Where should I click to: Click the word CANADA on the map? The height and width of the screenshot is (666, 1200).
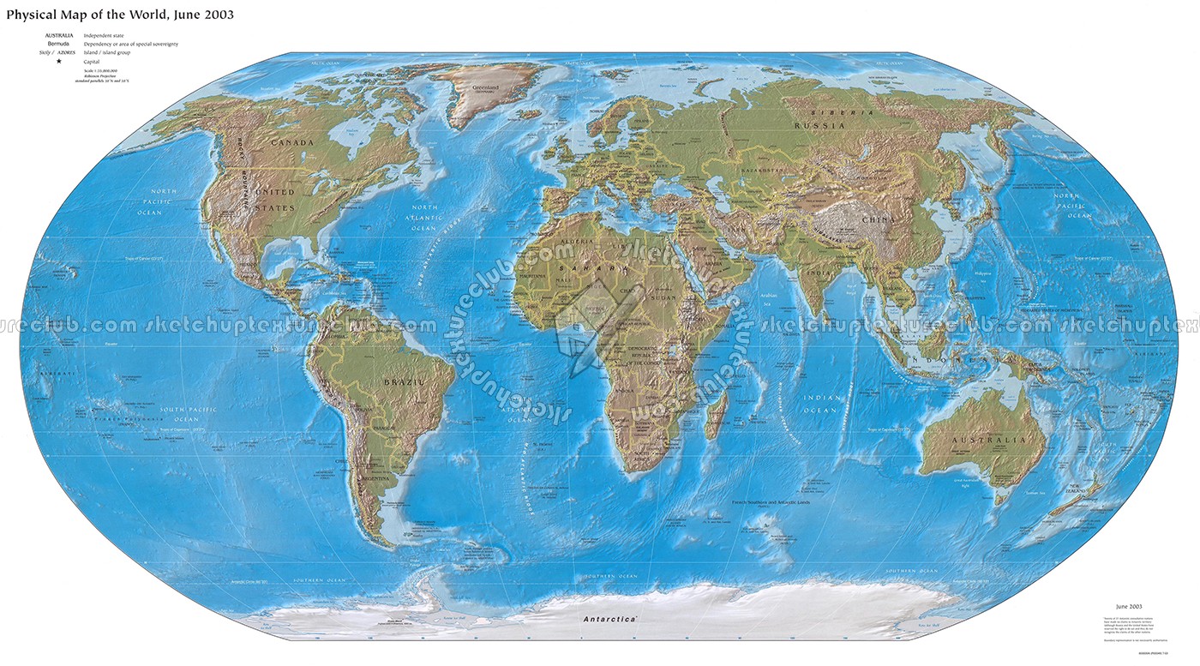pos(291,142)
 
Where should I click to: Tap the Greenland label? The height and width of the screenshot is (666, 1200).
pos(486,86)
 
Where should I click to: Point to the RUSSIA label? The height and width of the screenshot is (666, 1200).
pos(814,126)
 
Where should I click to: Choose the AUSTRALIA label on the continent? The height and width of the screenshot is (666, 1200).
pos(987,441)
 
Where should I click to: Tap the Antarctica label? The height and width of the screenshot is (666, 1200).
pos(609,619)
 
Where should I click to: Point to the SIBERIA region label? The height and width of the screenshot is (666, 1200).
pos(845,113)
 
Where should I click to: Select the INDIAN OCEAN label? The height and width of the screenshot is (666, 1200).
pos(819,404)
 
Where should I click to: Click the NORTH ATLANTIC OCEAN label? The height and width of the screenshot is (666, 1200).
pos(424,218)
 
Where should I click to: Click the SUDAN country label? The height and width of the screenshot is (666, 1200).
pos(665,298)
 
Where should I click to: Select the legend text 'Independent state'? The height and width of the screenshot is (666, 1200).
pos(103,35)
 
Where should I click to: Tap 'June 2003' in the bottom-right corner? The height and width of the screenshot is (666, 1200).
pos(1128,605)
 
